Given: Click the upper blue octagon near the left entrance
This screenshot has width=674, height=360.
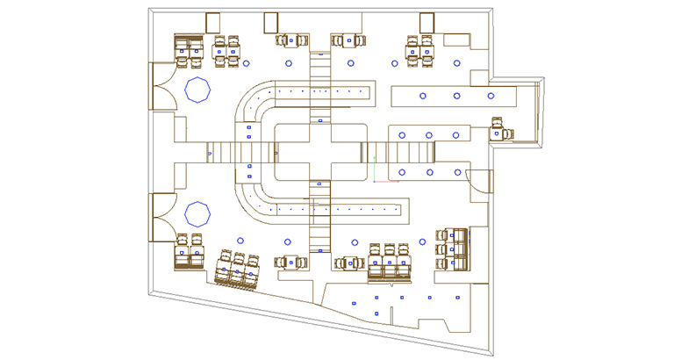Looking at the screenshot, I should pos(197,90).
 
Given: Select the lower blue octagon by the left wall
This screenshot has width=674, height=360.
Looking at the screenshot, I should pos(197,214).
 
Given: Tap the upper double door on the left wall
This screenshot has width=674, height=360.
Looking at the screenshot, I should pos(164,86).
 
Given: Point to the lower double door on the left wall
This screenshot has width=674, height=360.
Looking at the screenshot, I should pos(164,217).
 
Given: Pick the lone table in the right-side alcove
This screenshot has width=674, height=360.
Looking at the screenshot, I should pos(501,133).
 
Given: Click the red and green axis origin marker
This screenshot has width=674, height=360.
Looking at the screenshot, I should pos(375,181).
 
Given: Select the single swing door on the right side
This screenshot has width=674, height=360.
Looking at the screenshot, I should pos(479,180).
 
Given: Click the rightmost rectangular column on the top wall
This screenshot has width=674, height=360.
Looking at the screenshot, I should pos(427,22).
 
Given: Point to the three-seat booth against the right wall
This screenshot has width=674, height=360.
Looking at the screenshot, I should pos(455,249).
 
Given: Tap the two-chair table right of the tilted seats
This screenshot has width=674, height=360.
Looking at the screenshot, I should pos(291,263).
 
